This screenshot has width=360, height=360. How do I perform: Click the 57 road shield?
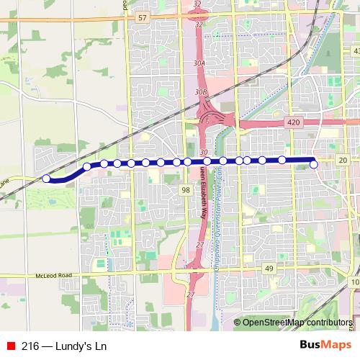pyautogui.click(x=143, y=17)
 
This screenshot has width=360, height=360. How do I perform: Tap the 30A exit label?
pyautogui.click(x=200, y=63)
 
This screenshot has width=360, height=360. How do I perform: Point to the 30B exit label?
pyautogui.click(x=201, y=93)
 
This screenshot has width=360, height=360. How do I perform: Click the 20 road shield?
pyautogui.click(x=342, y=159)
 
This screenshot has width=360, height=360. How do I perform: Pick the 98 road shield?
pyautogui.click(x=185, y=189)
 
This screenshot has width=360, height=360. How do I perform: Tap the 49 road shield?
pyautogui.click(x=269, y=269)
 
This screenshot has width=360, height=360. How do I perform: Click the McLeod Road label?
pyautogui.click(x=55, y=276)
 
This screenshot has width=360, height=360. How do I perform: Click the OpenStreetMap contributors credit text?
pyautogui.click(x=297, y=322)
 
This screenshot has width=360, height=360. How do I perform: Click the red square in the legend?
pyautogui.click(x=10, y=345)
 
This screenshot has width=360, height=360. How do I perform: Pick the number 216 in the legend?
pyautogui.click(x=31, y=345)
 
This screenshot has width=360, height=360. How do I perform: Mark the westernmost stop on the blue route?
pyautogui.click(x=46, y=179)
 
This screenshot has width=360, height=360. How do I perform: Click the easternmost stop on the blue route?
pyautogui.click(x=314, y=165)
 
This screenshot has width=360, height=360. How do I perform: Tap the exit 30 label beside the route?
pyautogui.click(x=204, y=153)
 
